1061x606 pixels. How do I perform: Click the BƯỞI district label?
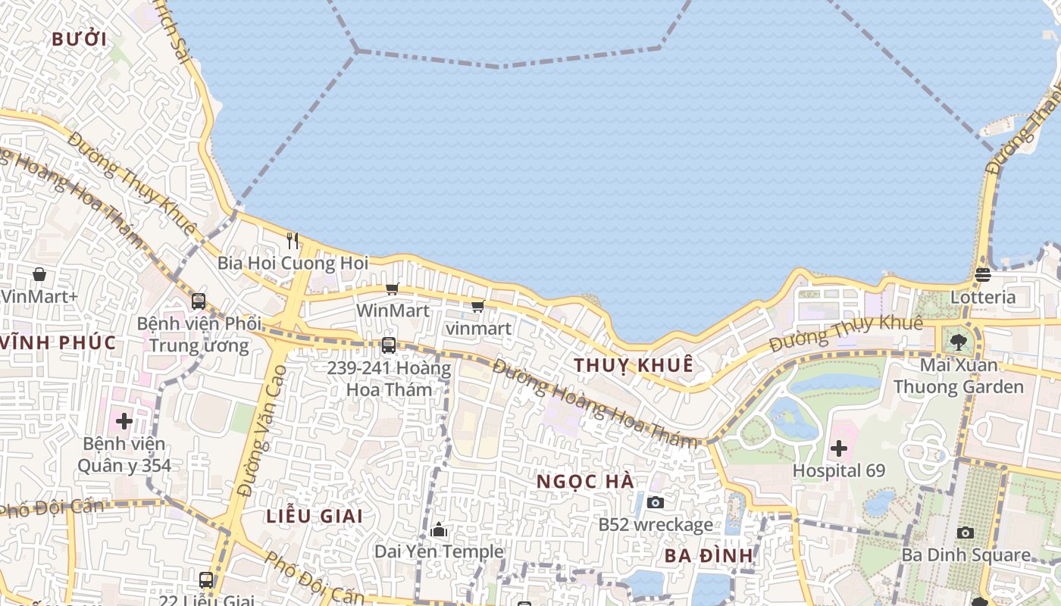[79, 39]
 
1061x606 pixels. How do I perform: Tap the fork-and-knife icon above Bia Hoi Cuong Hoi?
[293, 241]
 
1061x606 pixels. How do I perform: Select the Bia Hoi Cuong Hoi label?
[293, 264]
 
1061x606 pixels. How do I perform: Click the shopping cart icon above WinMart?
[392, 289]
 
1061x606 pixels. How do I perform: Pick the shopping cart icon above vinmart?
[477, 306]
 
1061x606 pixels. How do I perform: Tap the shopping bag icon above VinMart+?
[39, 274]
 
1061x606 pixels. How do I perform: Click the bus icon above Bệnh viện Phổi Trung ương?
[199, 301]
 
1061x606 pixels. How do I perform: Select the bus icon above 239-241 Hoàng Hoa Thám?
[389, 345]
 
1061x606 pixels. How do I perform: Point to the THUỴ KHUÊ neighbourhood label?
[633, 365]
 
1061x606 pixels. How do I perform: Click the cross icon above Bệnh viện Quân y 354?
[124, 420]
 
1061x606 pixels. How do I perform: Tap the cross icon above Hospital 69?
[838, 448]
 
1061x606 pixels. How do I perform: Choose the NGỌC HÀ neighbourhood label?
[585, 482]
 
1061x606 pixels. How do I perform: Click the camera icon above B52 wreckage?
[656, 502]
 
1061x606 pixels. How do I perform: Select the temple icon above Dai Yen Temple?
[439, 529]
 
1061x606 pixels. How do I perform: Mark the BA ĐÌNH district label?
[709, 556]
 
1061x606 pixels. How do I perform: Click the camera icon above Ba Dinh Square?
[965, 533]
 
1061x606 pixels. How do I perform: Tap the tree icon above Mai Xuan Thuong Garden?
[958, 342]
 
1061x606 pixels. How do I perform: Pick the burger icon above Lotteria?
[983, 274]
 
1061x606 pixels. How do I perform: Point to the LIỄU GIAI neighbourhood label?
[314, 517]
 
